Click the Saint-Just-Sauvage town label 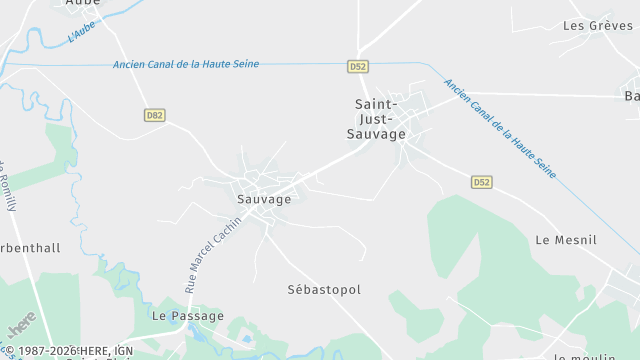pyautogui.click(x=379, y=118)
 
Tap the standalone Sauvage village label pyautogui.click(x=264, y=199)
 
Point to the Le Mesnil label pyautogui.click(x=566, y=240)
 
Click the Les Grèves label pyautogui.click(x=598, y=25)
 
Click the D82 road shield pyautogui.click(x=154, y=115)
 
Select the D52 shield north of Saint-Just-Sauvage pyautogui.click(x=359, y=66)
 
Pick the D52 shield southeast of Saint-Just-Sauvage pyautogui.click(x=482, y=182)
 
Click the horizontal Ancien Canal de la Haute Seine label pyautogui.click(x=186, y=64)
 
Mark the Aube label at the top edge pyautogui.click(x=82, y=3)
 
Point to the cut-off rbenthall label pyautogui.click(x=30, y=248)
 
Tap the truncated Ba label pyautogui.click(x=631, y=96)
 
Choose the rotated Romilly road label pyautogui.click(x=5, y=185)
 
